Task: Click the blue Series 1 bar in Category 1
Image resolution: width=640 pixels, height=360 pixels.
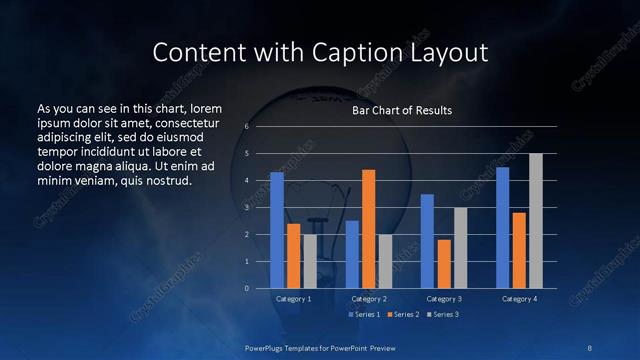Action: tap(277, 230)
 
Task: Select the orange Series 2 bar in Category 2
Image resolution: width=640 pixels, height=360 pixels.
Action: tap(368, 229)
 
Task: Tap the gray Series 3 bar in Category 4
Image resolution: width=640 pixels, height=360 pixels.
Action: tap(536, 221)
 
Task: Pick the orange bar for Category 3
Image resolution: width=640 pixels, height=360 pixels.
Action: tap(444, 264)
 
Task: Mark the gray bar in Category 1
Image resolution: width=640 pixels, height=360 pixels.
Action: tap(310, 261)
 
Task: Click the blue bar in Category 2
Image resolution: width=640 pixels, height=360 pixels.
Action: tap(352, 254)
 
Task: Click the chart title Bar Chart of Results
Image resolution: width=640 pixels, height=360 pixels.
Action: tap(402, 110)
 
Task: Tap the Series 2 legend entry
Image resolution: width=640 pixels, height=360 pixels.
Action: tap(402, 314)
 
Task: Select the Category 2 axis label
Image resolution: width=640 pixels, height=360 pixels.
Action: tap(369, 299)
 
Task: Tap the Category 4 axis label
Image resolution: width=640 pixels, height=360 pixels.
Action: tap(519, 299)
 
